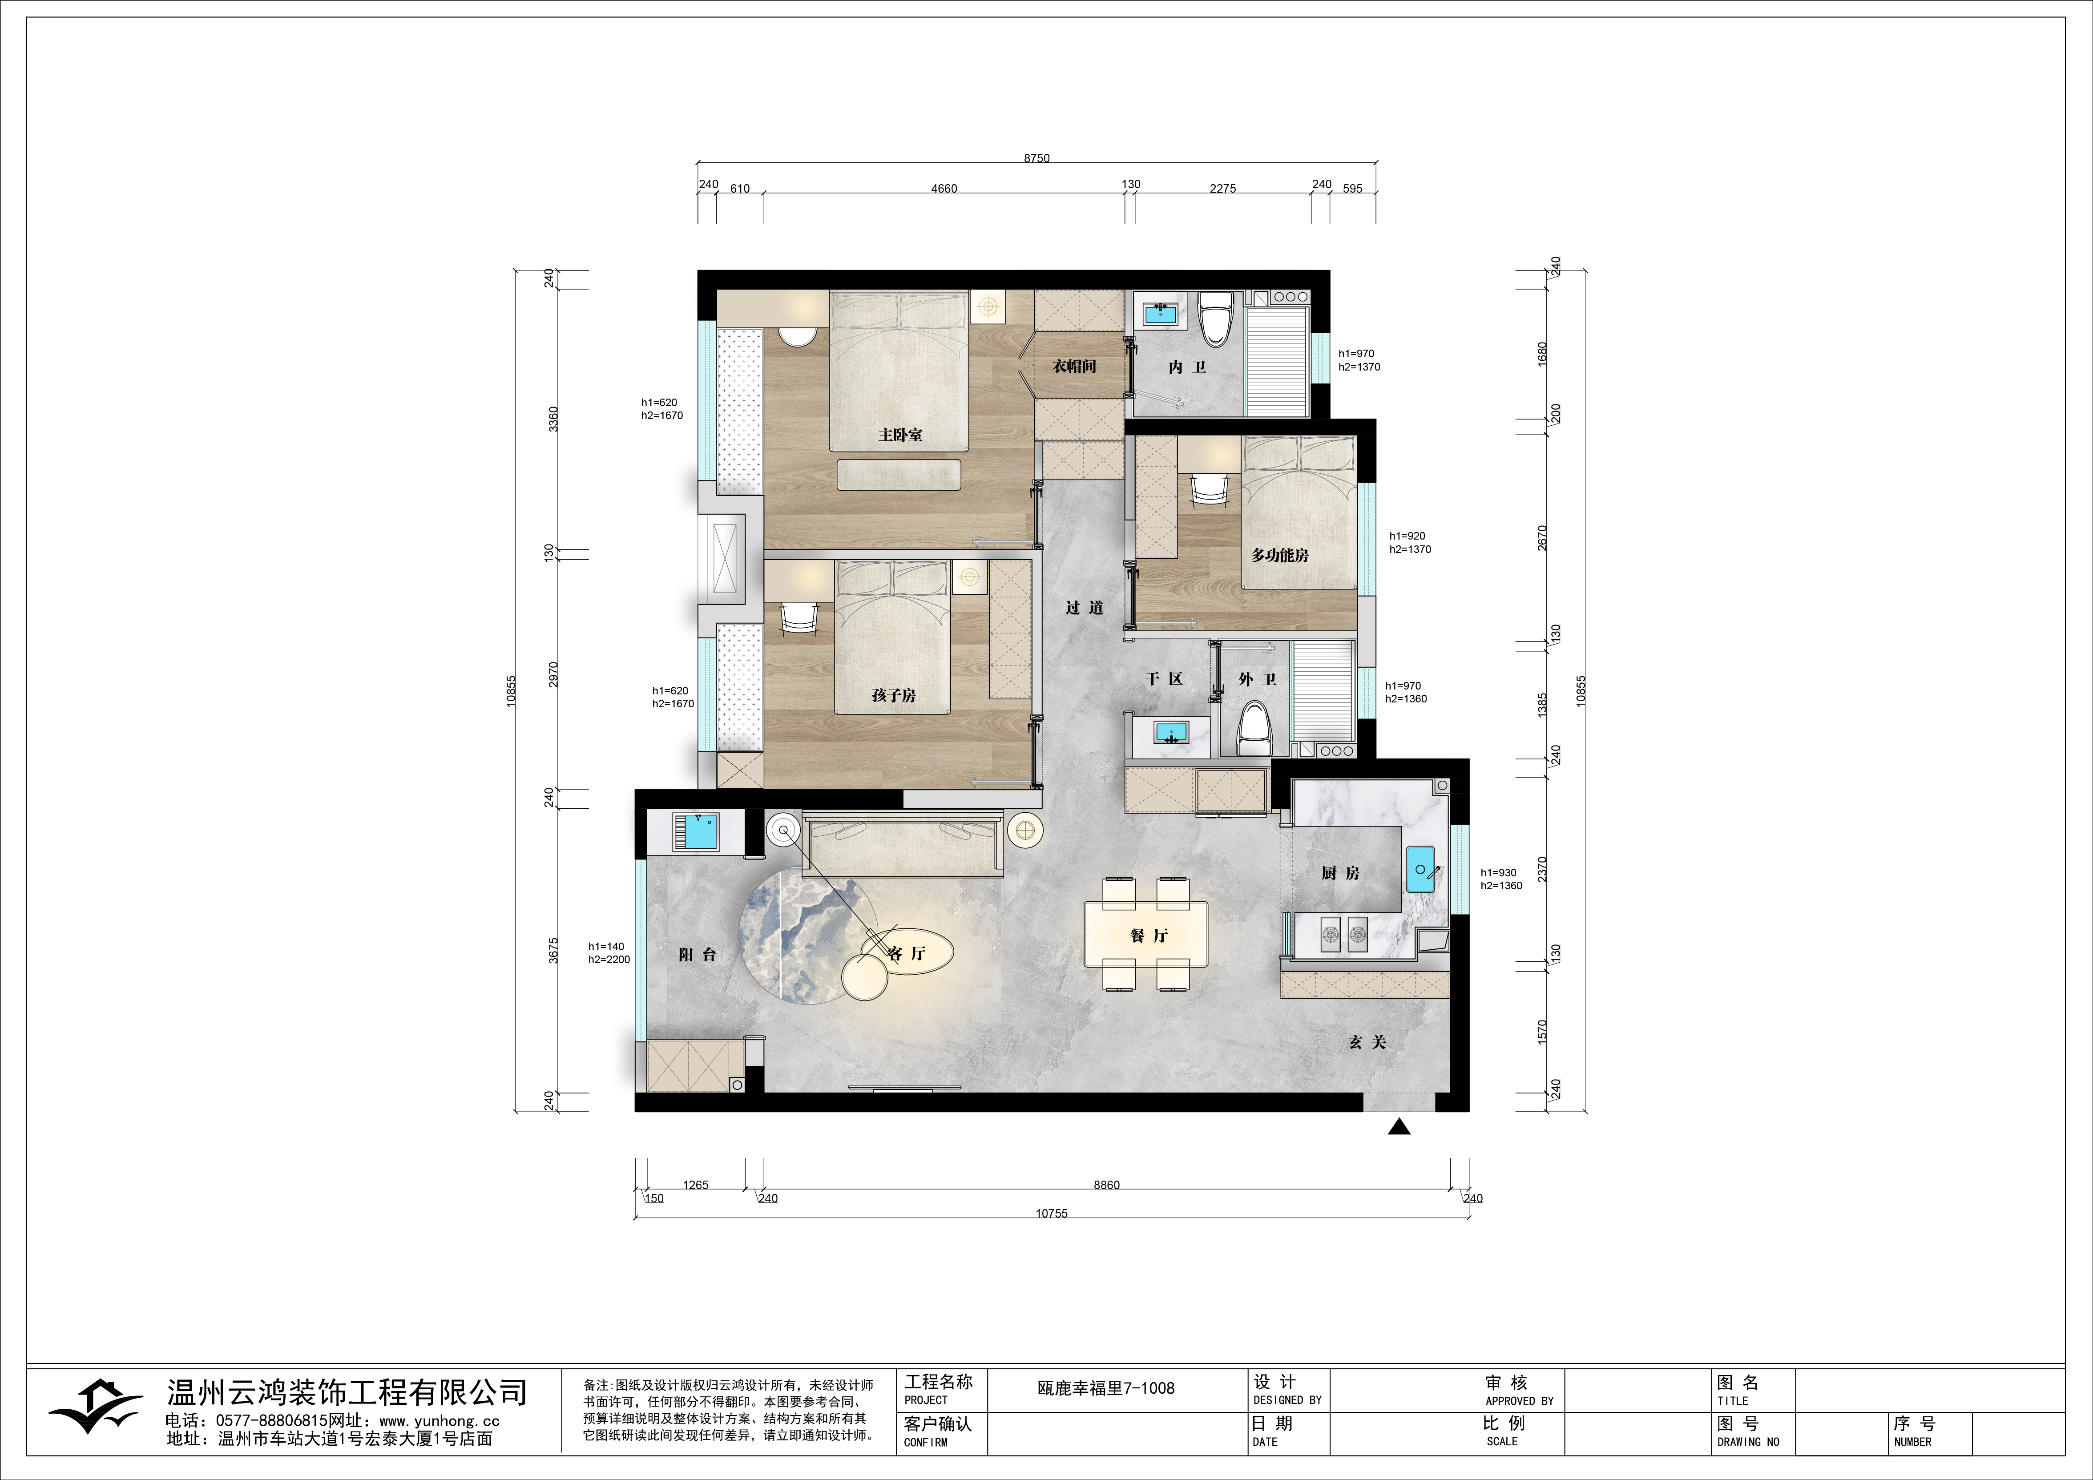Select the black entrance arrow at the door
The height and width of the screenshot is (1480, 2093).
pyautogui.click(x=1399, y=1127)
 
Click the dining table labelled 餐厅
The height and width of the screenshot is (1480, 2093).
pyautogui.click(x=1146, y=933)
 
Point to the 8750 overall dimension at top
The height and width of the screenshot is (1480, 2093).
pyautogui.click(x=1036, y=158)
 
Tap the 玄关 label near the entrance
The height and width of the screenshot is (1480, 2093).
pyautogui.click(x=1367, y=1042)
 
